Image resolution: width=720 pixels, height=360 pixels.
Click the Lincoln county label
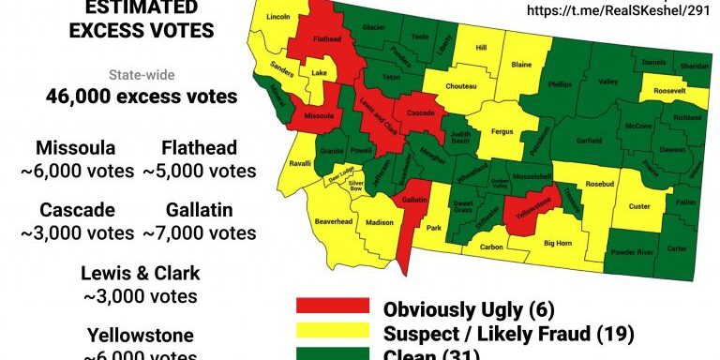point(278,18)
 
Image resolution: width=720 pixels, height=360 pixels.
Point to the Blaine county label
point(521,65)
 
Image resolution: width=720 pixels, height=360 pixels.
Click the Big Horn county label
point(558,243)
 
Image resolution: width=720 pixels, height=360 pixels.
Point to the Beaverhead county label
point(333,221)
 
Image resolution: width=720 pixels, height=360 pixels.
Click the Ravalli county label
point(300,162)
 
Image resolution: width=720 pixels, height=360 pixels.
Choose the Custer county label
point(639,206)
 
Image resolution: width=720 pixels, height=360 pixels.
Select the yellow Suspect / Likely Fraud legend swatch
point(329,333)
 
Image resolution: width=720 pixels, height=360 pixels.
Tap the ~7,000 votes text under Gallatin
point(199,233)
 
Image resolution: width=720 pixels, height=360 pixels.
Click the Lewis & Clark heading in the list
point(140,274)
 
